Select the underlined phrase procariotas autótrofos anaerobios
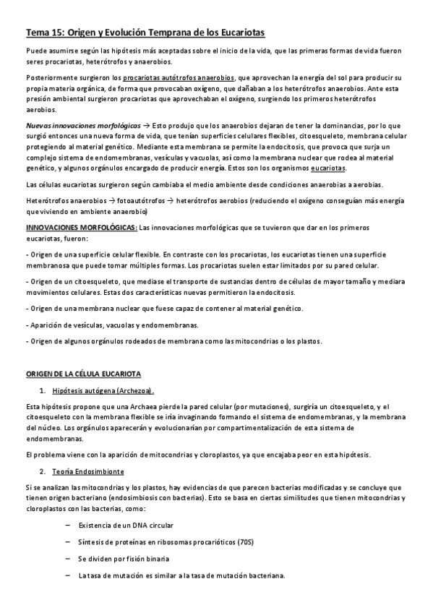(179, 77)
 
